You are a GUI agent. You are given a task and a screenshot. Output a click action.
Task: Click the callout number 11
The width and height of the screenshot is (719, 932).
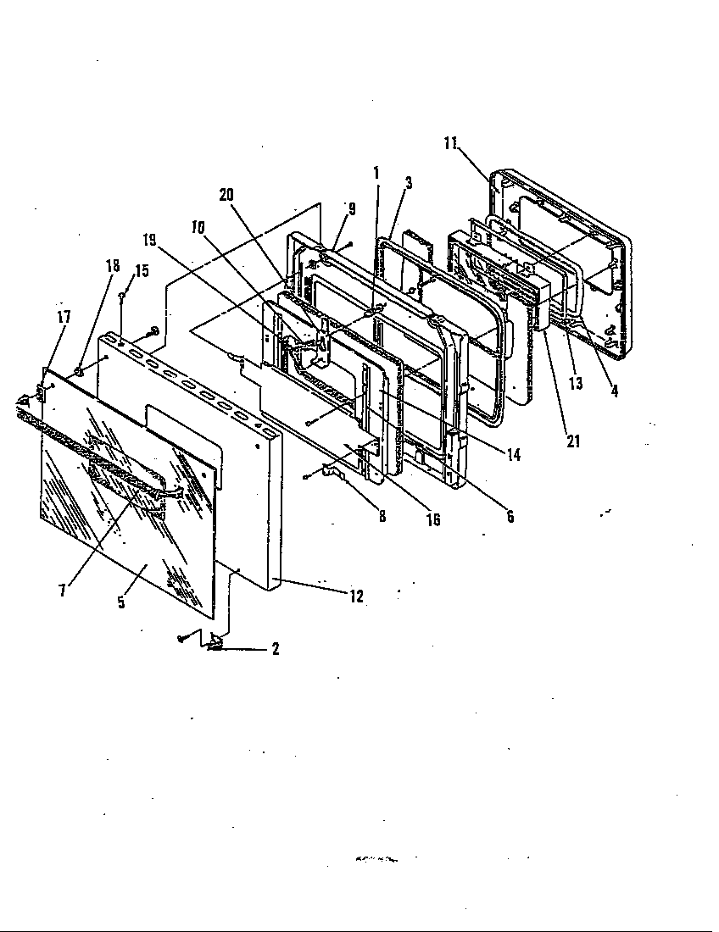(x=450, y=142)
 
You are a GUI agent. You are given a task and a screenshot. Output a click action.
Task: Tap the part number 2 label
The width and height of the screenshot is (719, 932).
(x=276, y=650)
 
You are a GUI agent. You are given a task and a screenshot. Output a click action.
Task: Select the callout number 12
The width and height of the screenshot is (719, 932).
(x=356, y=596)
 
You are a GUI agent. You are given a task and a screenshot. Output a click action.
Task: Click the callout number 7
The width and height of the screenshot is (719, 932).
(x=62, y=591)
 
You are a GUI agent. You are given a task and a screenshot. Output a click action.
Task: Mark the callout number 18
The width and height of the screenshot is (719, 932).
(x=114, y=264)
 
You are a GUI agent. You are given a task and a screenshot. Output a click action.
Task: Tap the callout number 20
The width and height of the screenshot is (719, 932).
(x=226, y=194)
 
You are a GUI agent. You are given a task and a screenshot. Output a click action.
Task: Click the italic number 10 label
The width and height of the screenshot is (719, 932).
(x=198, y=228)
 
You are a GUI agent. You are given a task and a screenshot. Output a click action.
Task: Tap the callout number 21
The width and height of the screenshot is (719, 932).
(x=573, y=441)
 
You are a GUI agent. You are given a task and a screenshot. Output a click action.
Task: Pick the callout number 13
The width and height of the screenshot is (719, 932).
(x=576, y=384)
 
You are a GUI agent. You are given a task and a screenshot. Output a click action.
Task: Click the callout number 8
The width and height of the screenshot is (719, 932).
(x=382, y=517)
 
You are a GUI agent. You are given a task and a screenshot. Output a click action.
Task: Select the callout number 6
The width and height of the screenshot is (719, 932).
(x=510, y=517)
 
